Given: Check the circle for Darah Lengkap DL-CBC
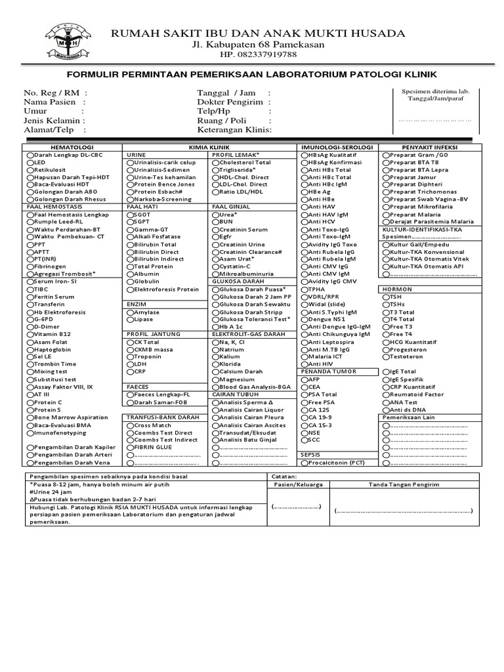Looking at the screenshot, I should pyautogui.click(x=30, y=154).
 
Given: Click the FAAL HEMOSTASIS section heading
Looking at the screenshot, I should pyautogui.click(x=49, y=207).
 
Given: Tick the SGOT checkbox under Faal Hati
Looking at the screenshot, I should pyautogui.click(x=130, y=215).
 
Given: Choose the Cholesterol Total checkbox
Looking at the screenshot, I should pyautogui.click(x=216, y=162).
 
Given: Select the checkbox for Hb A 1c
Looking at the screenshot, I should pyautogui.click(x=216, y=327).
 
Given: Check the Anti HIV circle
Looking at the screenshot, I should pyautogui.click(x=304, y=364).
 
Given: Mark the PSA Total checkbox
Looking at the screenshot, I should pyautogui.click(x=304, y=394).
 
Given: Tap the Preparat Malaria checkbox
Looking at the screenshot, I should pyautogui.click(x=385, y=215).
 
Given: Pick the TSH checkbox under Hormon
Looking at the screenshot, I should pyautogui.click(x=385, y=297).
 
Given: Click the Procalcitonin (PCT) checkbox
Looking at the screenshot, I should pyautogui.click(x=304, y=463).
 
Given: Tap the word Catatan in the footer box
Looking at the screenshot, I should pyautogui.click(x=284, y=476).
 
